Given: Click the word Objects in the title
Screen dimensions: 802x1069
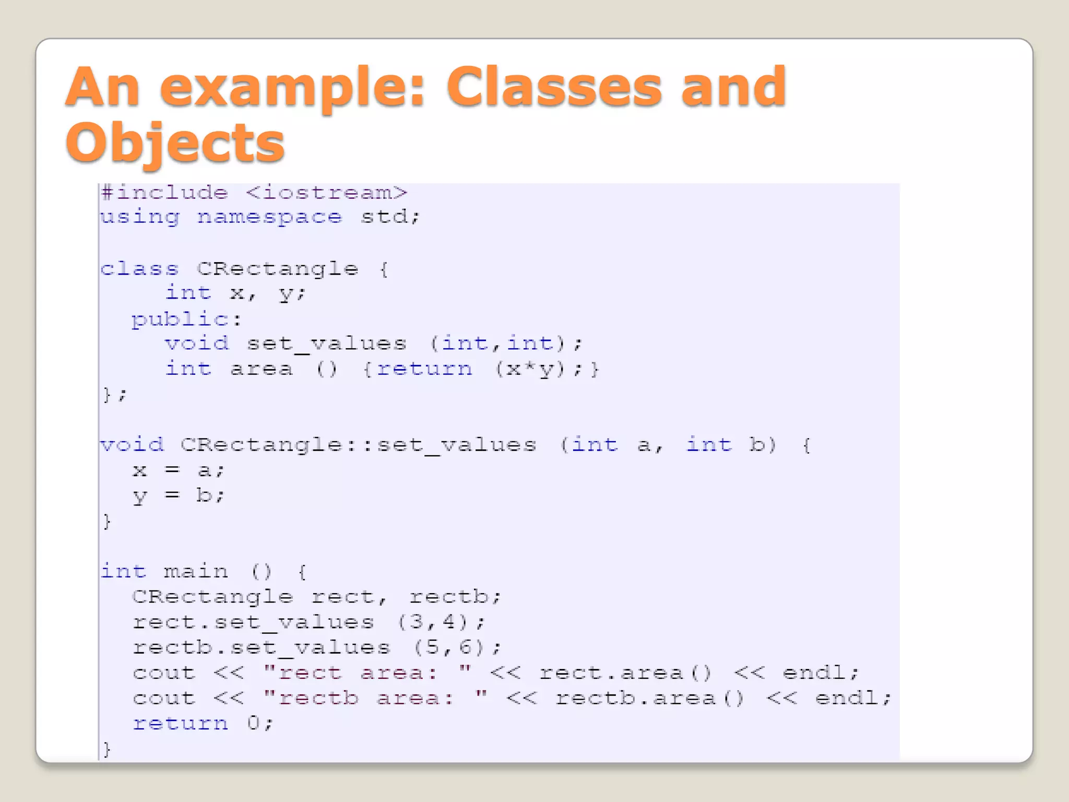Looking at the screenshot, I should (x=175, y=142).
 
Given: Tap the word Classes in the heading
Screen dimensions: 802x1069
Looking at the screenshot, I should (x=554, y=87).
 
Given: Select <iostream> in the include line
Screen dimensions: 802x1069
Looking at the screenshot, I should (x=326, y=193).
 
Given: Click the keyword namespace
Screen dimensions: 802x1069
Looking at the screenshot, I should (x=269, y=217).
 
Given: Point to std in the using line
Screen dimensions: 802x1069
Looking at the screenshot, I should (x=384, y=217).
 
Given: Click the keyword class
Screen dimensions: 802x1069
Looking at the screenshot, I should (x=139, y=269).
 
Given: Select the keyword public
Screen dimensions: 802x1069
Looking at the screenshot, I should (x=179, y=319).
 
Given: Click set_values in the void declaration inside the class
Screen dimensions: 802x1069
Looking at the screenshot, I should (x=326, y=344).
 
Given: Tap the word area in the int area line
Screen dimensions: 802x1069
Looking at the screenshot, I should (x=261, y=369).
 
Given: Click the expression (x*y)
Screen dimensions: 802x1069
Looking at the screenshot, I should (x=530, y=369).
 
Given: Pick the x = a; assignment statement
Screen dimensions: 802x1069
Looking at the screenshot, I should (x=178, y=470).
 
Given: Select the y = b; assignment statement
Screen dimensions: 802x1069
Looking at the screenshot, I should (x=178, y=496).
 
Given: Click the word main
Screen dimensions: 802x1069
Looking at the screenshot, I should (x=196, y=571).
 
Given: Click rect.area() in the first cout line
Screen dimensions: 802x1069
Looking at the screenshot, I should (x=625, y=673).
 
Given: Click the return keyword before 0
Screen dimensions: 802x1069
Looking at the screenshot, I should (x=180, y=723).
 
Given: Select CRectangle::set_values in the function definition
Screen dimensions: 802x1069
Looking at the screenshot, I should (x=358, y=445).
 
